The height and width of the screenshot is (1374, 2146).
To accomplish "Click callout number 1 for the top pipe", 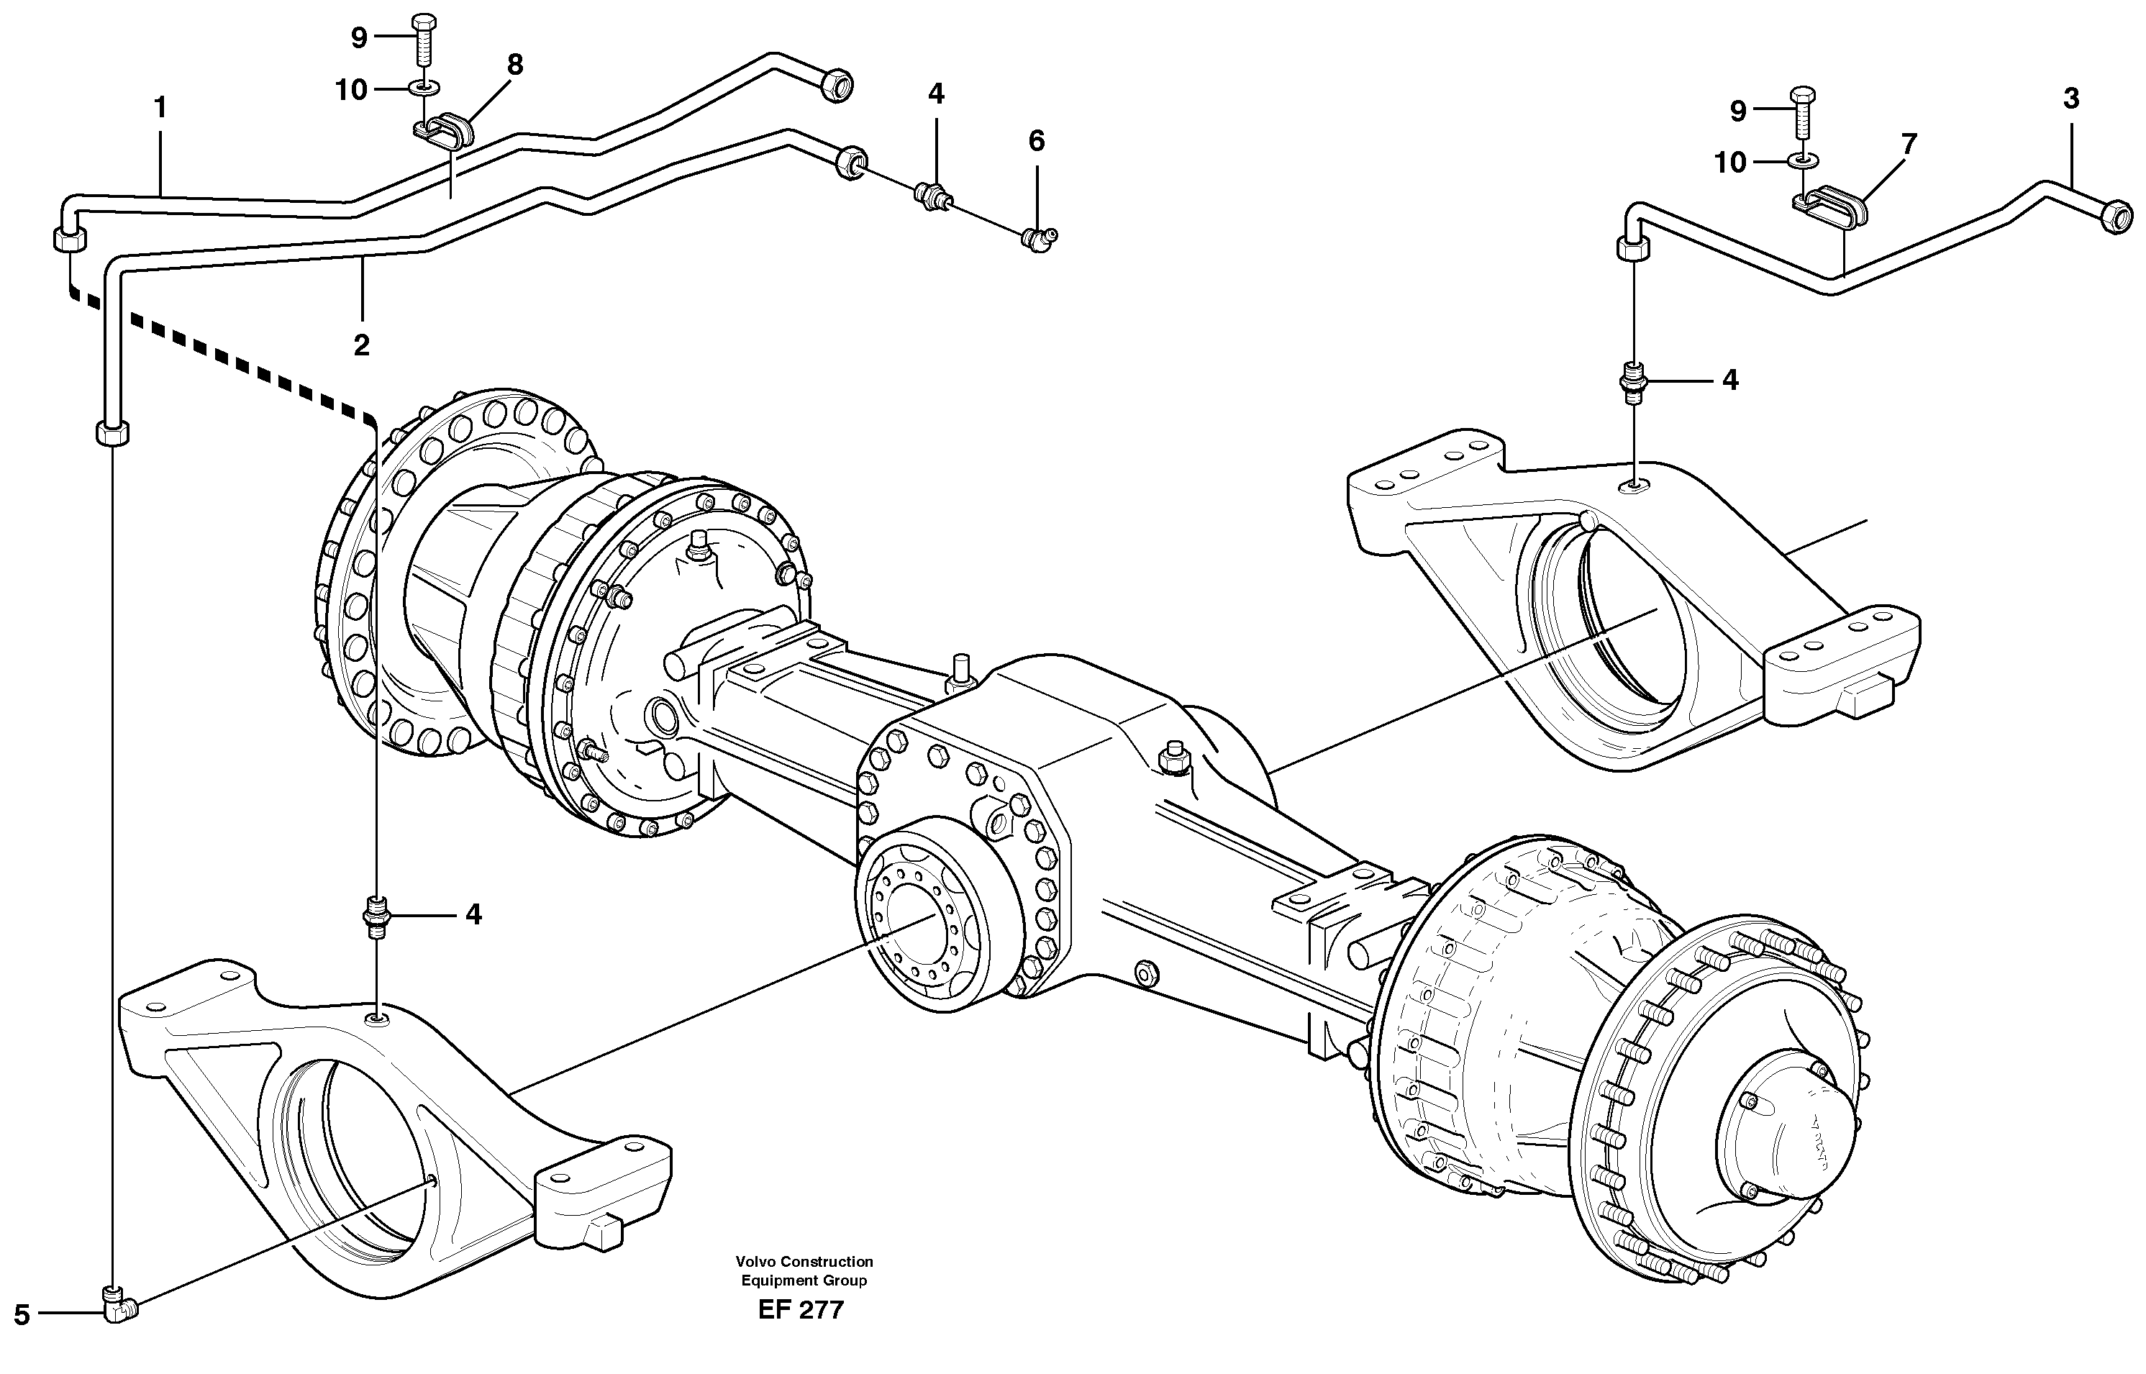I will (160, 109).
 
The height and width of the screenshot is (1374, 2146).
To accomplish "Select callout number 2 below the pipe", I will (361, 345).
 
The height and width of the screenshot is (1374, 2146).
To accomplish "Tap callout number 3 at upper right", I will (2071, 99).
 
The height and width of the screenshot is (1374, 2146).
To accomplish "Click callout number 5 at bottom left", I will (22, 1315).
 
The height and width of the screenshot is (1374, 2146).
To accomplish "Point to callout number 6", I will (1036, 141).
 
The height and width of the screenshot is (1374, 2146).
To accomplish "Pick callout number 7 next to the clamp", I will (1909, 144).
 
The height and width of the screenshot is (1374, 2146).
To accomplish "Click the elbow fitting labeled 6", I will (1039, 240).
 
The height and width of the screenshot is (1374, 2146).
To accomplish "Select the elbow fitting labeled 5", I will (118, 1308).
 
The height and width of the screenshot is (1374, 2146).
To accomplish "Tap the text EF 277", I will (801, 1310).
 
